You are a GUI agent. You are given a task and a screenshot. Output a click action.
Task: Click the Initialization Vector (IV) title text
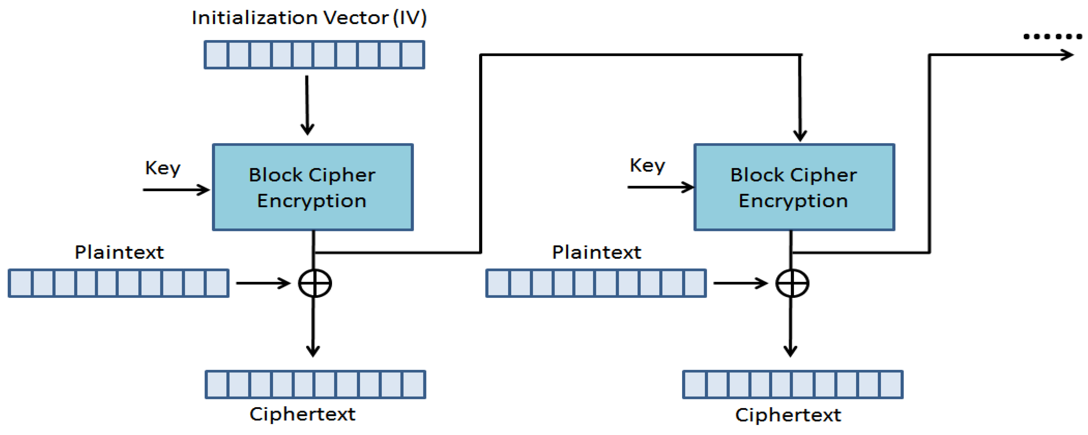[309, 18]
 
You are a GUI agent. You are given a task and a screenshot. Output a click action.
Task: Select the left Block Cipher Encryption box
[313, 187]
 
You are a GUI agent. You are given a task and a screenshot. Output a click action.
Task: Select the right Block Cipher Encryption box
[794, 187]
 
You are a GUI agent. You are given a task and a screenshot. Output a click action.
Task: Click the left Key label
[163, 168]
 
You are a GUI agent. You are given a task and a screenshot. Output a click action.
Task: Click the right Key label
[647, 165]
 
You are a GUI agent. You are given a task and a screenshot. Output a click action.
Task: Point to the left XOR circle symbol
[315, 283]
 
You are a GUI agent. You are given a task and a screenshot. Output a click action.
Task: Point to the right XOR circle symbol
[792, 283]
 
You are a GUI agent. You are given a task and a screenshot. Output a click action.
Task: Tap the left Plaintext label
[119, 252]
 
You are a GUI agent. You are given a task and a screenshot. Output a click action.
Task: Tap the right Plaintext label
[596, 252]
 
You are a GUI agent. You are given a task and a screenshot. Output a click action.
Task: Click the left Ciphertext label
[302, 414]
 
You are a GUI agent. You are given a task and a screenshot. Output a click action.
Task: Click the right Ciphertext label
[788, 415]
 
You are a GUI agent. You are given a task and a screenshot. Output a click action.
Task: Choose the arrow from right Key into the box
[661, 187]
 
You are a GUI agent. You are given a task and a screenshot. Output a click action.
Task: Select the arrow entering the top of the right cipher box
[800, 101]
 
